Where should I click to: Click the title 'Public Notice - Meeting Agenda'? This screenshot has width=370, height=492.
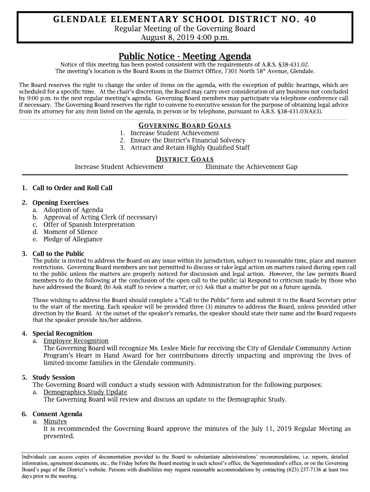[x=185, y=56]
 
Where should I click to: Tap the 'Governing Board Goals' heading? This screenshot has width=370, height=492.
[x=185, y=125]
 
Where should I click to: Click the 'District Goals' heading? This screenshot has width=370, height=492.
[x=185, y=159]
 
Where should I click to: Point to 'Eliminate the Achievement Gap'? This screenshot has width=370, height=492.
[x=251, y=167]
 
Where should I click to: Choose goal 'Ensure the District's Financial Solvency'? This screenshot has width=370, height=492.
[x=188, y=140]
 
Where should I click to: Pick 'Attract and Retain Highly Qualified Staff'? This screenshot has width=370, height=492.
[x=190, y=148]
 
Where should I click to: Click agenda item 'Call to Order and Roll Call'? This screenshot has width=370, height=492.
[x=72, y=188]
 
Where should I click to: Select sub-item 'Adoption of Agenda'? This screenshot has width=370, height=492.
[x=73, y=210]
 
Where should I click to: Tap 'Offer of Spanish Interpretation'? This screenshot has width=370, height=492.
[x=89, y=224]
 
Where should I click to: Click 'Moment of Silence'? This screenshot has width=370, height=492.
[x=70, y=232]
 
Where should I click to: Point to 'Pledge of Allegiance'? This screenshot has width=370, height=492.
[x=73, y=239]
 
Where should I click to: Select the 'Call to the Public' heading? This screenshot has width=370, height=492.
[x=58, y=254]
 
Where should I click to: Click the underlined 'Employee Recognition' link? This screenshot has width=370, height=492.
[x=75, y=341]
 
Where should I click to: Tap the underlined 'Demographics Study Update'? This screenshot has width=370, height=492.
[x=85, y=392]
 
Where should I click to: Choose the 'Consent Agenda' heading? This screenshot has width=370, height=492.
[x=57, y=414]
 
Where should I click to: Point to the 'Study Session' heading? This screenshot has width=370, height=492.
[x=53, y=378]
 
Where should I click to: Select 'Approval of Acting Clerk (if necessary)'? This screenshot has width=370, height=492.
[x=100, y=217]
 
